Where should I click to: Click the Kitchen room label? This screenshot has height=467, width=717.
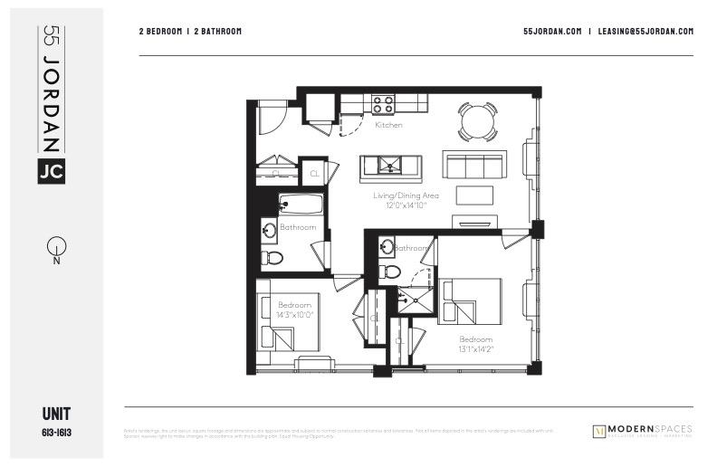[x=388, y=125]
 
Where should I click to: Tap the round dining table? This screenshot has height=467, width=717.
[x=477, y=121]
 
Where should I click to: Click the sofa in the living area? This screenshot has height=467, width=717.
[x=473, y=165]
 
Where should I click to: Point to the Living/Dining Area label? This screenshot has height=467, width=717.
[x=406, y=195]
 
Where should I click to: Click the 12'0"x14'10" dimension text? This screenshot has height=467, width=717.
[x=406, y=205]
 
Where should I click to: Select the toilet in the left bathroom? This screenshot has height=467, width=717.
[x=272, y=258]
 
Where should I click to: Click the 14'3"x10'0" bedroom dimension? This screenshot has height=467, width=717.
[x=295, y=315]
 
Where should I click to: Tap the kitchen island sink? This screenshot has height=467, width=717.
[x=390, y=166]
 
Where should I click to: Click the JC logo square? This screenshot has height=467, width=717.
[x=51, y=170]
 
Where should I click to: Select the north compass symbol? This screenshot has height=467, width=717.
[x=56, y=246]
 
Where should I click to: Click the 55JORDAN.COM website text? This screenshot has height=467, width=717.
[x=552, y=31]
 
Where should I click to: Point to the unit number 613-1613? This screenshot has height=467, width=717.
[x=56, y=433]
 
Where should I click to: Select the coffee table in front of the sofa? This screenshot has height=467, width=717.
[x=475, y=195]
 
